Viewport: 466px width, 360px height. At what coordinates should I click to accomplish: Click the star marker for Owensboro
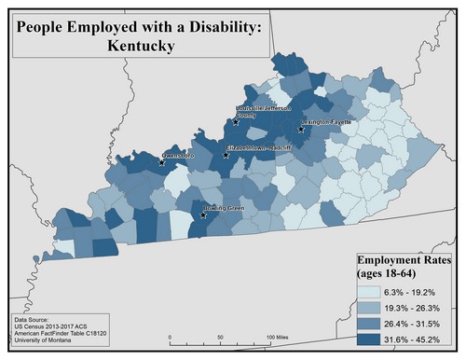coord(163,161)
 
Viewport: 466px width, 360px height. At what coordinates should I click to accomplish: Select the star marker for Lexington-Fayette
coord(301,130)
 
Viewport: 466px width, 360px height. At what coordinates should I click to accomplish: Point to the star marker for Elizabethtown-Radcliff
coord(226,156)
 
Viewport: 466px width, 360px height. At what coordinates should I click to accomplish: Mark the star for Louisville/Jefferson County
coord(235,121)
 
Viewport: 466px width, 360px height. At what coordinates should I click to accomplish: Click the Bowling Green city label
coord(224,209)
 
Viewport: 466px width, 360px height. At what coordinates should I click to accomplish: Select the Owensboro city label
coord(183,154)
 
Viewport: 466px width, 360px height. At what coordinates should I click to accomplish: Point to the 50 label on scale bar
coord(220,336)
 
